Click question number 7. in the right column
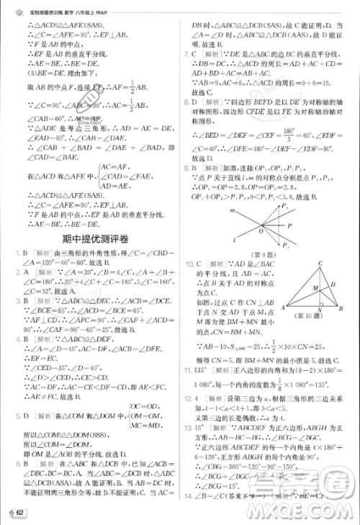[188, 55]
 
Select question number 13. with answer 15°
[190, 426]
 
